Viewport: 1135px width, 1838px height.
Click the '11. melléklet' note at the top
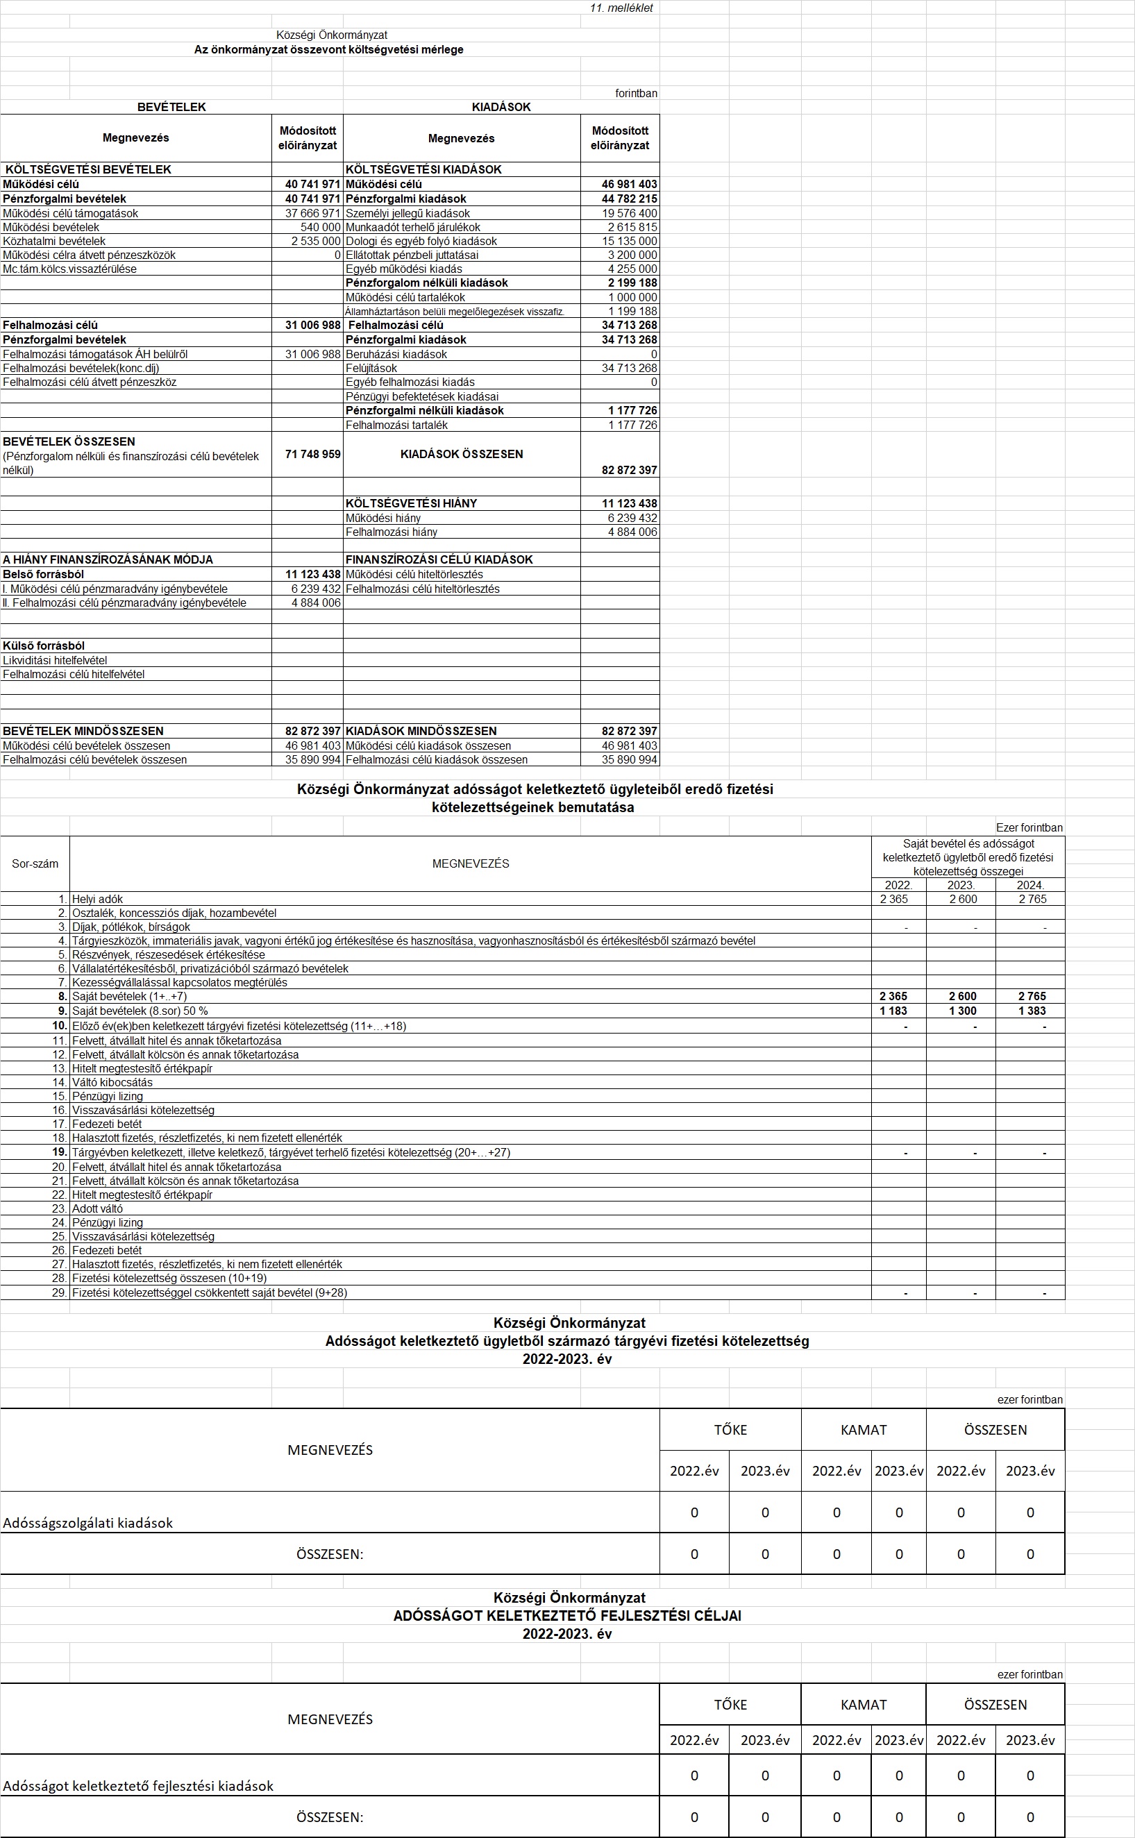click(621, 8)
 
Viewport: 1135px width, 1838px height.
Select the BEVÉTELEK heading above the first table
click(171, 108)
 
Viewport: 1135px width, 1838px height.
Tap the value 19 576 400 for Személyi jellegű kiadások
click(629, 214)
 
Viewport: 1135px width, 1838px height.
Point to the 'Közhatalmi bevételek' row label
click(54, 242)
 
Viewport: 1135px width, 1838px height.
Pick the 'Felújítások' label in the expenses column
click(371, 369)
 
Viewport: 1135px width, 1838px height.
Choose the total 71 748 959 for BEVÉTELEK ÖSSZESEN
click(312, 455)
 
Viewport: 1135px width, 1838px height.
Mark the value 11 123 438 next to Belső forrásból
click(312, 575)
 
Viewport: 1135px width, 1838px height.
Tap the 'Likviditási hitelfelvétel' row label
click(55, 661)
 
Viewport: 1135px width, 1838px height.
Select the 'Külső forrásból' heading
click(44, 646)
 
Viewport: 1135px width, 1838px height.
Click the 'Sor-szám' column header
click(35, 864)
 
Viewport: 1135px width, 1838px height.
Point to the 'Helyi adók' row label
click(98, 899)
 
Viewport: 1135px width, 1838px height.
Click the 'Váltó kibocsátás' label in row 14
click(112, 1082)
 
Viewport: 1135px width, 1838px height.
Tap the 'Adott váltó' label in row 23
click(98, 1208)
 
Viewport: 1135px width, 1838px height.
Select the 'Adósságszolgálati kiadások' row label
click(88, 1523)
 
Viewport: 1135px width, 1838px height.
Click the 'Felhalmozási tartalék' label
click(396, 425)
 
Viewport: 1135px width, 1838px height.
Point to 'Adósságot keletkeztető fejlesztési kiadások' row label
click(138, 1785)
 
